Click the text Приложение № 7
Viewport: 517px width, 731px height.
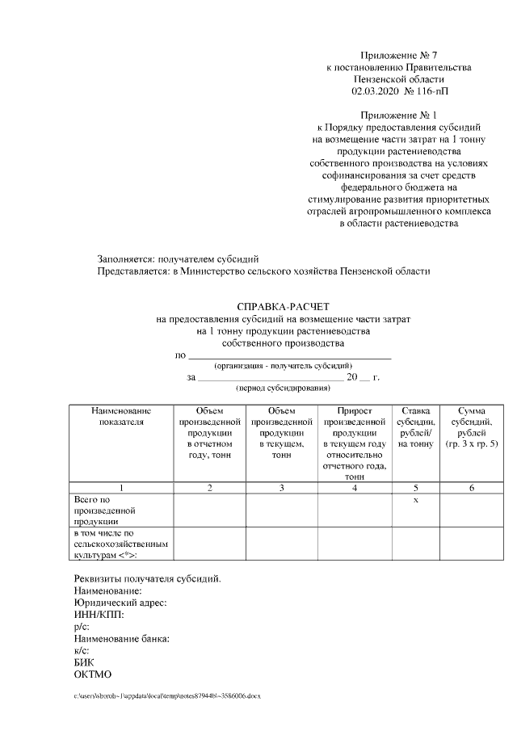[398, 55]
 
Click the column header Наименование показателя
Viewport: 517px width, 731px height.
[120, 415]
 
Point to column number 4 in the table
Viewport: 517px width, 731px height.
[354, 488]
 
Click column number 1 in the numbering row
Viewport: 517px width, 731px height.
[120, 488]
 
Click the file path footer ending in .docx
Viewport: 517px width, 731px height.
[168, 695]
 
